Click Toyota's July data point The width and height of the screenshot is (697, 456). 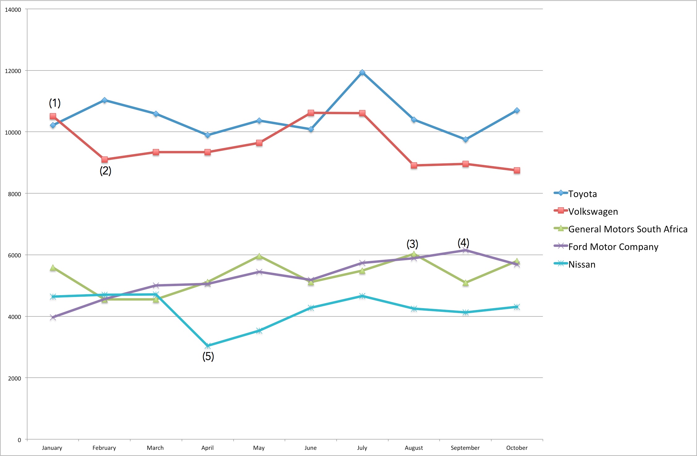[362, 72]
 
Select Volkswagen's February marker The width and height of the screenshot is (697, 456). [105, 160]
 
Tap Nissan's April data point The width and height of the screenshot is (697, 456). [208, 346]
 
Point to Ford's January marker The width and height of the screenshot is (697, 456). [53, 317]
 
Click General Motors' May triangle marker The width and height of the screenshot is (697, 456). [259, 256]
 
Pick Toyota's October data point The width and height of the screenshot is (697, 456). [517, 110]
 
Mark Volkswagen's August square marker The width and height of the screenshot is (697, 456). [414, 166]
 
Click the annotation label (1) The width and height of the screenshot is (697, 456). [55, 103]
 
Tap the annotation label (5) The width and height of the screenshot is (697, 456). [208, 356]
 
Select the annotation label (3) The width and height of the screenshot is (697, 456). [412, 244]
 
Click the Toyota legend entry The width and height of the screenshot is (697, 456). [575, 194]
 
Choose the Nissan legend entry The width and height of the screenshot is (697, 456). [574, 264]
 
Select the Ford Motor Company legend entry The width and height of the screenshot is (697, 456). [606, 247]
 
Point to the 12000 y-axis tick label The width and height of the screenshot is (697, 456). [13, 71]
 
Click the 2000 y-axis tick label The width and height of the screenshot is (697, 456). [15, 378]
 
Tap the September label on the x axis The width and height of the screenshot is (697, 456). [465, 448]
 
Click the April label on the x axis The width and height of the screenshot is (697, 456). [207, 448]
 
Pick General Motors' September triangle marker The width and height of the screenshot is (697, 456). [466, 283]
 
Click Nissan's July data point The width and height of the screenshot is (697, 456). [362, 296]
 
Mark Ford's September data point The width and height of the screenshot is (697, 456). [466, 250]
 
